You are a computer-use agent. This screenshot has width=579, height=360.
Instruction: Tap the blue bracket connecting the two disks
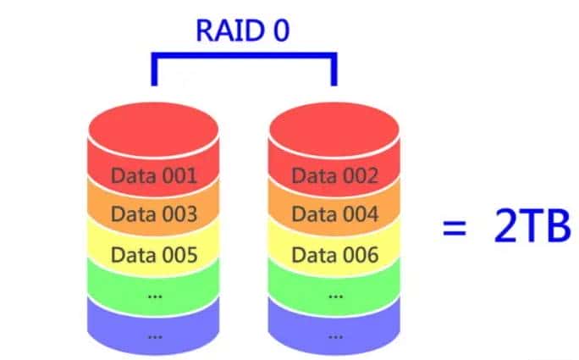(244, 57)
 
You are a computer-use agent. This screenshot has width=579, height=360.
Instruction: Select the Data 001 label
(154, 176)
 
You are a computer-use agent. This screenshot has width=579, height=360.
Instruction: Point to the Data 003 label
(154, 214)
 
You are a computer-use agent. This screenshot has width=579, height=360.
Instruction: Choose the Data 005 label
(154, 253)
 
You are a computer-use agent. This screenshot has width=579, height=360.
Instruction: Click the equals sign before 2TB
(455, 229)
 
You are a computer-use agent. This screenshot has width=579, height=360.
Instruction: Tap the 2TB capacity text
(529, 228)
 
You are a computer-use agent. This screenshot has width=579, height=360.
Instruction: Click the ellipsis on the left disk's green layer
(154, 296)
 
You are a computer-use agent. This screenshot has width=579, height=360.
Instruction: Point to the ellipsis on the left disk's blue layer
(154, 335)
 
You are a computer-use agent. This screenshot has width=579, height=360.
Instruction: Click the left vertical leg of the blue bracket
(153, 71)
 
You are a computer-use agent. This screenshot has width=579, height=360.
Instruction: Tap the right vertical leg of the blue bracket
(334, 71)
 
